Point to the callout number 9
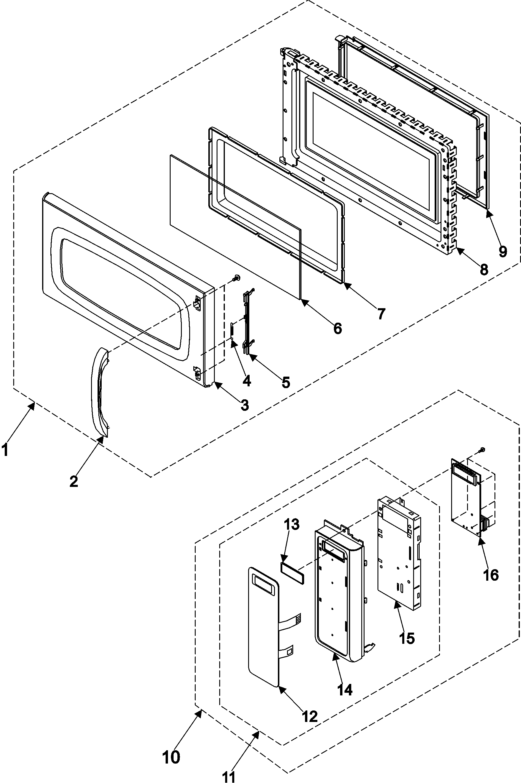click(x=503, y=251)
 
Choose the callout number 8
click(x=484, y=269)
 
